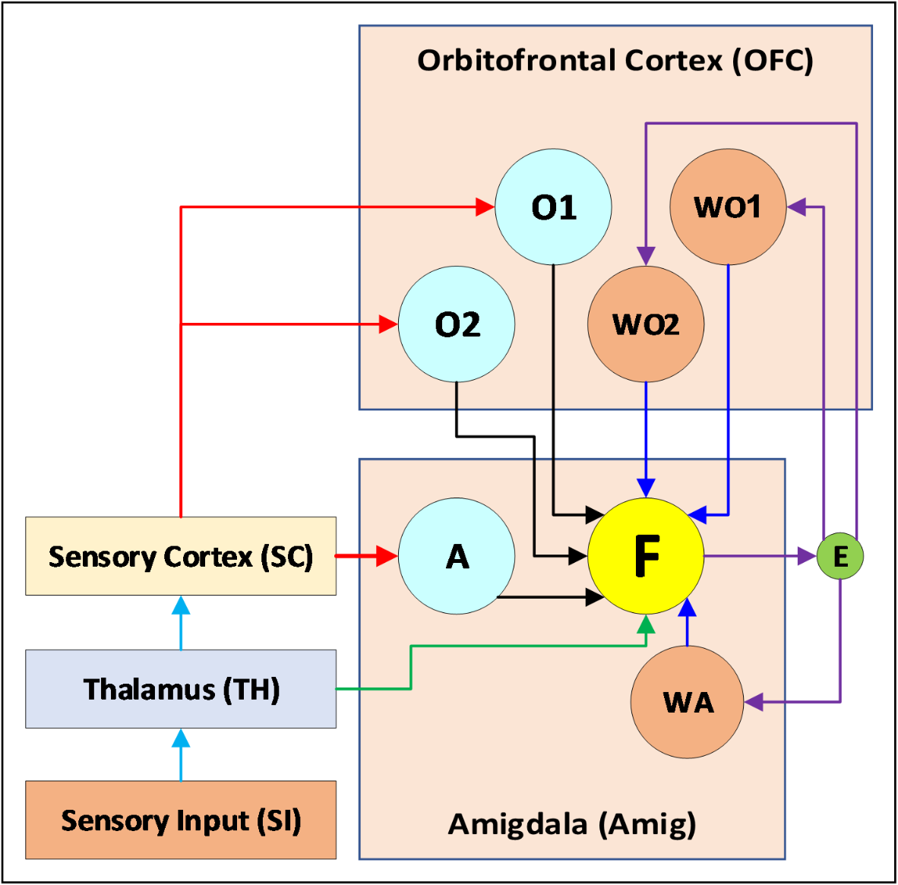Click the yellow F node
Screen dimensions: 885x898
(646, 556)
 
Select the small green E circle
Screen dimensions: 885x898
(840, 557)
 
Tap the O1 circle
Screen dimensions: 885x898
(553, 207)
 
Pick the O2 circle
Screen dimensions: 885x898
(457, 324)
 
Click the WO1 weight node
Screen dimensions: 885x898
(728, 207)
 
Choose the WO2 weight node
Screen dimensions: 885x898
(646, 324)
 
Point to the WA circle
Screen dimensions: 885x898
(688, 702)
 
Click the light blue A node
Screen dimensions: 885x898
(457, 556)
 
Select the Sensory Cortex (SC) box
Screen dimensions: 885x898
(181, 556)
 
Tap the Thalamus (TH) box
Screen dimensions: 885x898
(181, 689)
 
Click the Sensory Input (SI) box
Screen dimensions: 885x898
(181, 820)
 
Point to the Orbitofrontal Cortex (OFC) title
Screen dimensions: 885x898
(615, 61)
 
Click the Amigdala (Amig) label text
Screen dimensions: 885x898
(572, 823)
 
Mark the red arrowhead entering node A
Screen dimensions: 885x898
(387, 556)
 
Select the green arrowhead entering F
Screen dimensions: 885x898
(646, 625)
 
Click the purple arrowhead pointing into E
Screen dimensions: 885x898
(807, 557)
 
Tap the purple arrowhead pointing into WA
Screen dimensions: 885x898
(754, 702)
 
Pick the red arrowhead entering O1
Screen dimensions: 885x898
(485, 206)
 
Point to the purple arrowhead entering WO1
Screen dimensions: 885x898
(797, 206)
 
